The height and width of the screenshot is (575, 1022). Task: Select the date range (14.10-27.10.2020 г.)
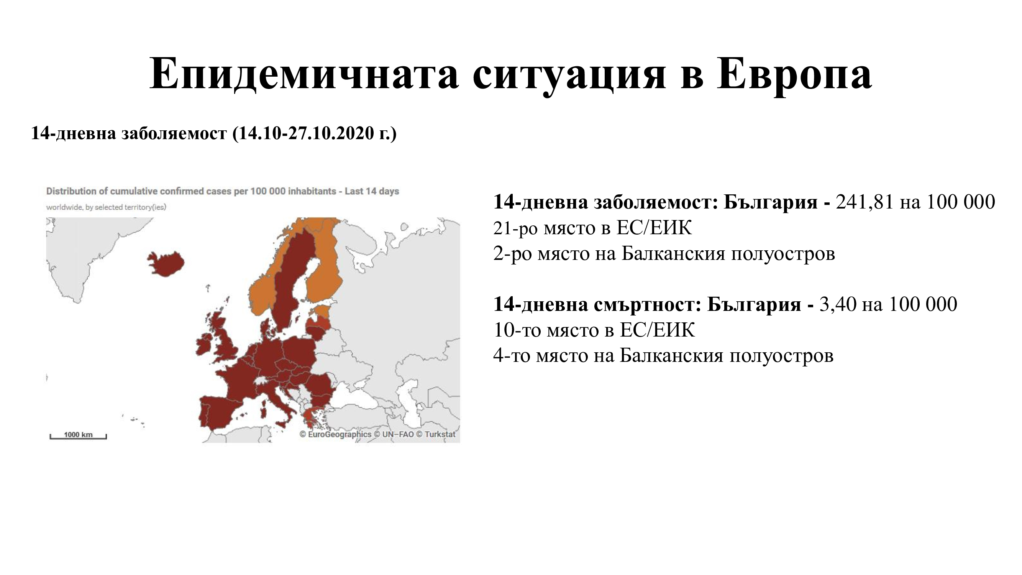point(315,133)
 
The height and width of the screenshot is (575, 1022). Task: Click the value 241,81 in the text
point(865,202)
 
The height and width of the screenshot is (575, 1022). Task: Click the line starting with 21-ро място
point(593,228)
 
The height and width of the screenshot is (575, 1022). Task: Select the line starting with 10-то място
point(594,330)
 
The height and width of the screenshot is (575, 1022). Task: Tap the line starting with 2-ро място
point(664,253)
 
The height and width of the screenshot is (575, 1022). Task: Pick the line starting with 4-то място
point(663,356)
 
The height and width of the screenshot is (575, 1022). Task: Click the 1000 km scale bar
point(78,436)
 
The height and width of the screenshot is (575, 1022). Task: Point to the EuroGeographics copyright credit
point(335,434)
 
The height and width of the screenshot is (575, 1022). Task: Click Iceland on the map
point(166,263)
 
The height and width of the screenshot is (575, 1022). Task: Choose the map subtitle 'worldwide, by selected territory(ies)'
point(106,207)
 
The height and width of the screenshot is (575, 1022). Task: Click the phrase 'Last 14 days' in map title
point(372,191)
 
